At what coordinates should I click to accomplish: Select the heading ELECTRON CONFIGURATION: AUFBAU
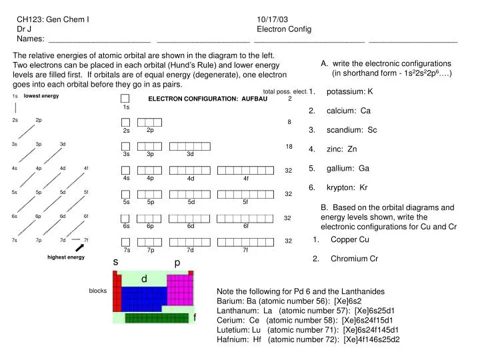pos(207,99)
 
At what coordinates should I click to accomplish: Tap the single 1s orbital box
pos(125,98)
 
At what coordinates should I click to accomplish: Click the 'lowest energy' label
pos(41,96)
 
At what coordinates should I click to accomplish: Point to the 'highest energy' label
pos(66,257)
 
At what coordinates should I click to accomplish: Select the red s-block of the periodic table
pos(117,294)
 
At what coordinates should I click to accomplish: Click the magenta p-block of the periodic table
pos(179,289)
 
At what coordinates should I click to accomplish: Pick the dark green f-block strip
pos(157,318)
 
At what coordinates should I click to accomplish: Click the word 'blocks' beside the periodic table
pos(97,291)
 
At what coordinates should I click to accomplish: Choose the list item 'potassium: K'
pos(349,91)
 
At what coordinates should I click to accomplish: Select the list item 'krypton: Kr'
pos(347,187)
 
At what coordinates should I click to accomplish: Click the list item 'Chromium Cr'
pos(354,259)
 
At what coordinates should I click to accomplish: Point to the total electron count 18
pos(289,146)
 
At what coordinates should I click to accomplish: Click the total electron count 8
pos(289,122)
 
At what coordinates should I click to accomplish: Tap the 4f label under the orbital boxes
pos(246,179)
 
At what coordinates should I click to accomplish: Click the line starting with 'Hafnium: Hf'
pos(308,339)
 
